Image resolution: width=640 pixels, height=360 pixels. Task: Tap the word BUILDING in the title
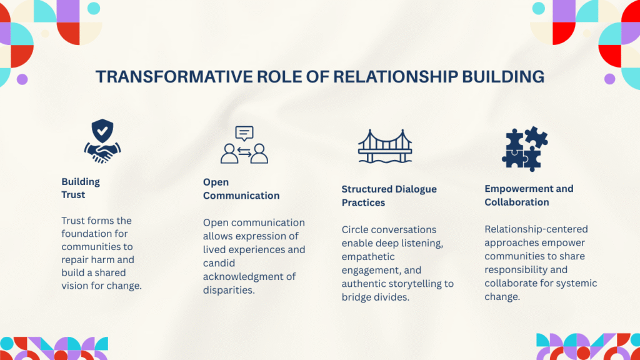point(503,77)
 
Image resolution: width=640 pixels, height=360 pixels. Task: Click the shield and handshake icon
point(102,141)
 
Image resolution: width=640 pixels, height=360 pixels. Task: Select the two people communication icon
point(244,145)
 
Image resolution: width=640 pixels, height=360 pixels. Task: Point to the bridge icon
point(385,146)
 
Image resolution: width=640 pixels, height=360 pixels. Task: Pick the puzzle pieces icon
point(524,149)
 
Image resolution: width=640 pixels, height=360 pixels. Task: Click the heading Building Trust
point(81,188)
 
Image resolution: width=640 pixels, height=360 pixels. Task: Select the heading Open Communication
point(241,189)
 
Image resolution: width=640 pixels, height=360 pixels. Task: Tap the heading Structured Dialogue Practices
point(389,196)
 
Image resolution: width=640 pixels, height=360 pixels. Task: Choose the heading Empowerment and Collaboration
point(529,196)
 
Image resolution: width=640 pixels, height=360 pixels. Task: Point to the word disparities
point(229,290)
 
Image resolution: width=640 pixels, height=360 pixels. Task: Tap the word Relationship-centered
point(536,229)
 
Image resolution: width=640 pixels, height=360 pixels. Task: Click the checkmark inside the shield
point(102,131)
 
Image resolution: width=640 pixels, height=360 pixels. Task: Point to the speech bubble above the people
point(244,134)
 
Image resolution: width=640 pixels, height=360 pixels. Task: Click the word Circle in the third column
point(354,230)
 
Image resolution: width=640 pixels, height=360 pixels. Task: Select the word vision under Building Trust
point(74,286)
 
